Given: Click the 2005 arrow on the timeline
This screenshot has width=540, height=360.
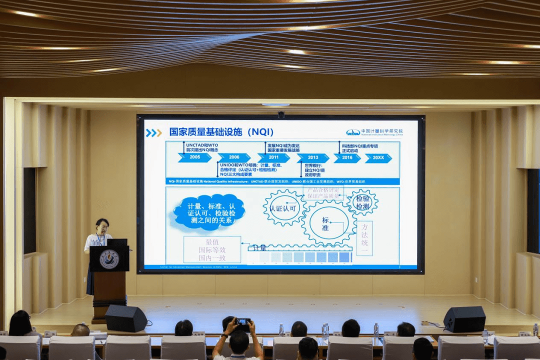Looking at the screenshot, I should click(x=194, y=157).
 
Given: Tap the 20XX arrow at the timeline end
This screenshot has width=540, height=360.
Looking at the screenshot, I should click(x=378, y=158).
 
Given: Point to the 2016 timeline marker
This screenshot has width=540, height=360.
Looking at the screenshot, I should click(x=347, y=158).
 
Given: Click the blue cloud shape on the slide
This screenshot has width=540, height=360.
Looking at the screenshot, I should click(x=209, y=212).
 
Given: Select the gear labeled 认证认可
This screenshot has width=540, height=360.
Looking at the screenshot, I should click(x=283, y=208).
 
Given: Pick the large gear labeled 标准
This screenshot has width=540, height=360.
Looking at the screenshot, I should click(x=327, y=223).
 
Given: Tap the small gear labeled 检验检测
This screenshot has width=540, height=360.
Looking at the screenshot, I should click(x=362, y=202).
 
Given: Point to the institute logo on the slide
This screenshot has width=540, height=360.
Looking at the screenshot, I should click(x=374, y=132).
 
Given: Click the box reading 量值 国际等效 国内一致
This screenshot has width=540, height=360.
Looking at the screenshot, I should click(x=212, y=249).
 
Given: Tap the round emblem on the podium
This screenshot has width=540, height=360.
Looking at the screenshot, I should click(x=109, y=259).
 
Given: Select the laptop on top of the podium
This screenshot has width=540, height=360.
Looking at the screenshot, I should click(x=117, y=242).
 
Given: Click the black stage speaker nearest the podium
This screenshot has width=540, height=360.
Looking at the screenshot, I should click(x=125, y=318).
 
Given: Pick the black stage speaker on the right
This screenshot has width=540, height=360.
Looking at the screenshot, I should click(x=464, y=319).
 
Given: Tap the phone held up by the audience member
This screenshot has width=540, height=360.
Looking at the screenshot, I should click(x=243, y=322).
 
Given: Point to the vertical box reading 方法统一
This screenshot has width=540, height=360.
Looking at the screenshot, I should click(x=364, y=238).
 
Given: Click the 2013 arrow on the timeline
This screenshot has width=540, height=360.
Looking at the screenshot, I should click(x=312, y=158).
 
